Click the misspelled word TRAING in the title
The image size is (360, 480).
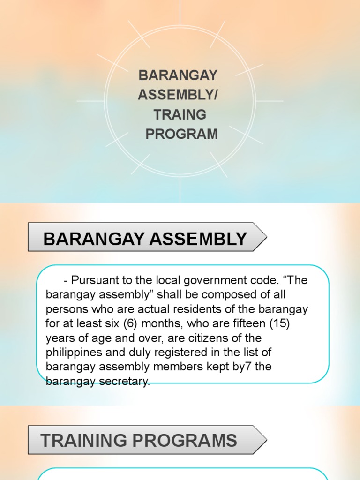(x=180, y=115)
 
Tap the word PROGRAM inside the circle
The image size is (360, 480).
(x=182, y=134)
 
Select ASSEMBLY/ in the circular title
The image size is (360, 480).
(x=178, y=95)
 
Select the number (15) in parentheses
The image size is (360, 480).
(x=279, y=323)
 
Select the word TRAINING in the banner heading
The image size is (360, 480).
(x=83, y=440)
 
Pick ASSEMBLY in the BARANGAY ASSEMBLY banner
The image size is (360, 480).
(x=198, y=239)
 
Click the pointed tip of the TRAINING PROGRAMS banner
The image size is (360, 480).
(x=267, y=440)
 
